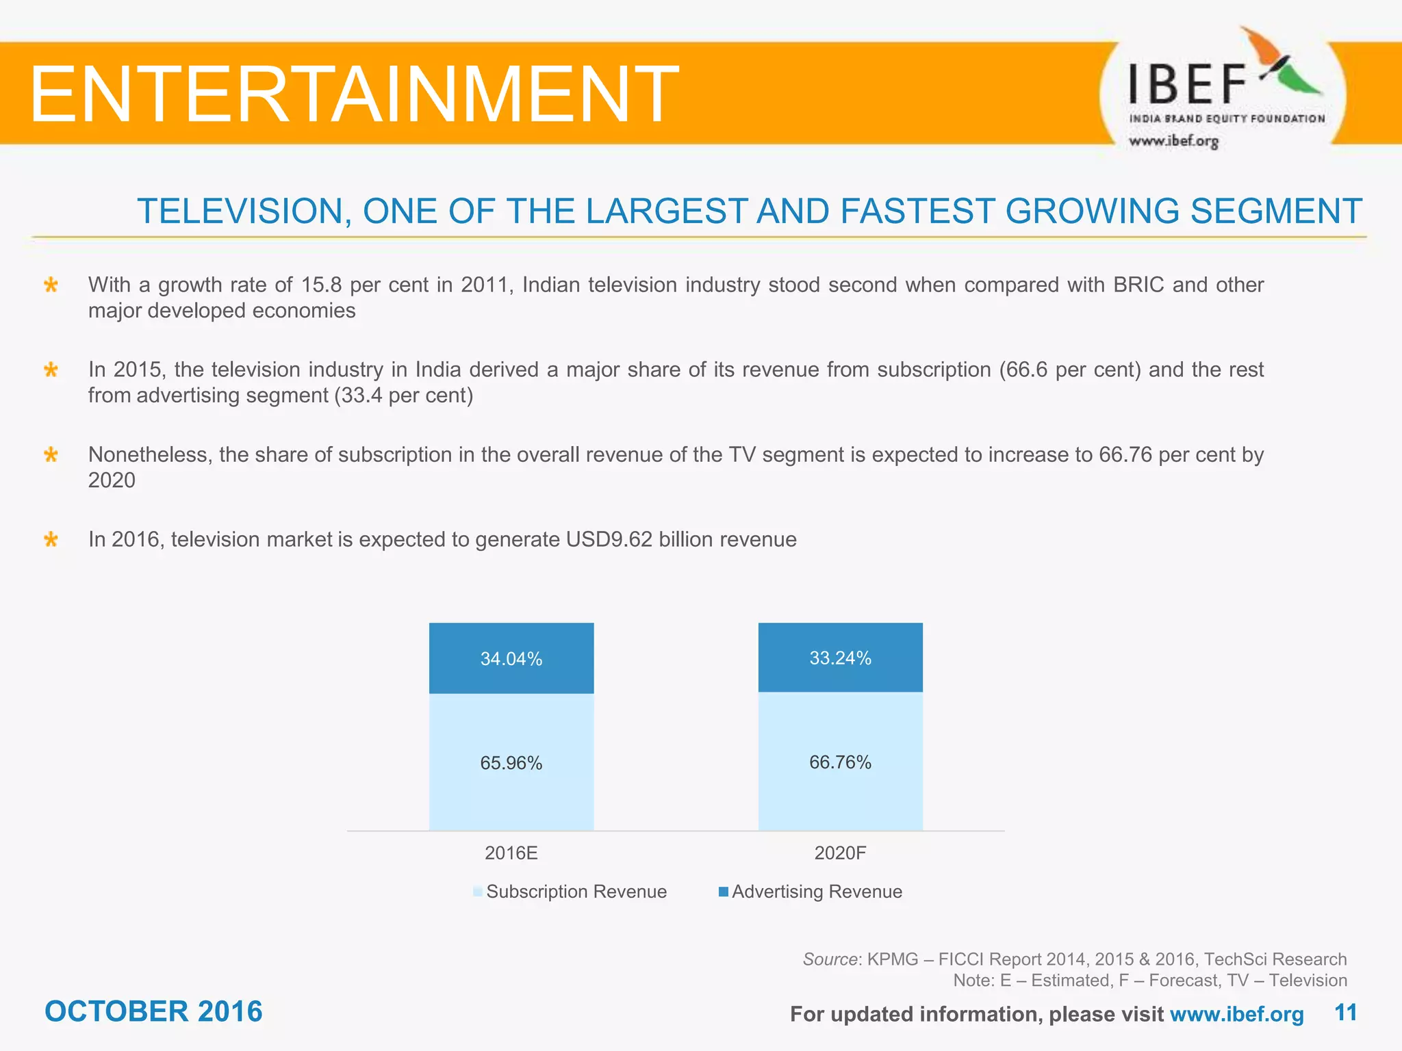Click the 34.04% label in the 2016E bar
511,659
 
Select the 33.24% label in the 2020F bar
840,658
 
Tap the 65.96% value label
511,763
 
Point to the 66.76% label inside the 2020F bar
840,762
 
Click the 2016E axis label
511,853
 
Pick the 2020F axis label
840,853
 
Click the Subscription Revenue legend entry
575,892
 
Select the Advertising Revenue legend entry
816,892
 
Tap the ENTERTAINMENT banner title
353,94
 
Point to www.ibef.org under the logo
1173,142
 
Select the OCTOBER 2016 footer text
153,1011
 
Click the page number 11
1345,1013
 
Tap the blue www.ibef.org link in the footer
1236,1014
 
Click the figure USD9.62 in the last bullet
609,540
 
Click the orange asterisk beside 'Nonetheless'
51,455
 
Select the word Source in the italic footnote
830,959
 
